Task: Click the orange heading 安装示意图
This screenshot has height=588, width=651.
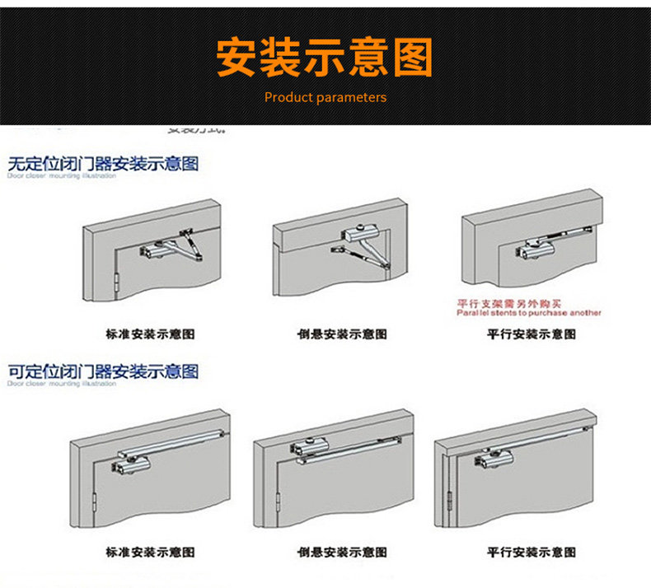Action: point(325,58)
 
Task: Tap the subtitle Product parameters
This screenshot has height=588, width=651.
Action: point(325,97)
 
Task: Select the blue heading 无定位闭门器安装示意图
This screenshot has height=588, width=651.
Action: point(103,163)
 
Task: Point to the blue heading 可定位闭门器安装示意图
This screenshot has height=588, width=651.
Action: point(103,371)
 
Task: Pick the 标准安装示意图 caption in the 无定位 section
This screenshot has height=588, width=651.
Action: point(151,334)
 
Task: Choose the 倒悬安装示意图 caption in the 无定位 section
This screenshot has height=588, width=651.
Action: point(341,334)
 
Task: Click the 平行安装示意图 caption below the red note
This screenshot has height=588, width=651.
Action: point(532,334)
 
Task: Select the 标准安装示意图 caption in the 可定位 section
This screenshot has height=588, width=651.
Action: point(151,552)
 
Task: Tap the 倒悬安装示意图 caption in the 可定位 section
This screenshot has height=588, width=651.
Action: point(341,552)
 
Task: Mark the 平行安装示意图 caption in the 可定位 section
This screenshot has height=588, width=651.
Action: point(532,552)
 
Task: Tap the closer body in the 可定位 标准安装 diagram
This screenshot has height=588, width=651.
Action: point(126,466)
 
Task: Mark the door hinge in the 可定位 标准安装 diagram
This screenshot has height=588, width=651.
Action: point(96,502)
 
